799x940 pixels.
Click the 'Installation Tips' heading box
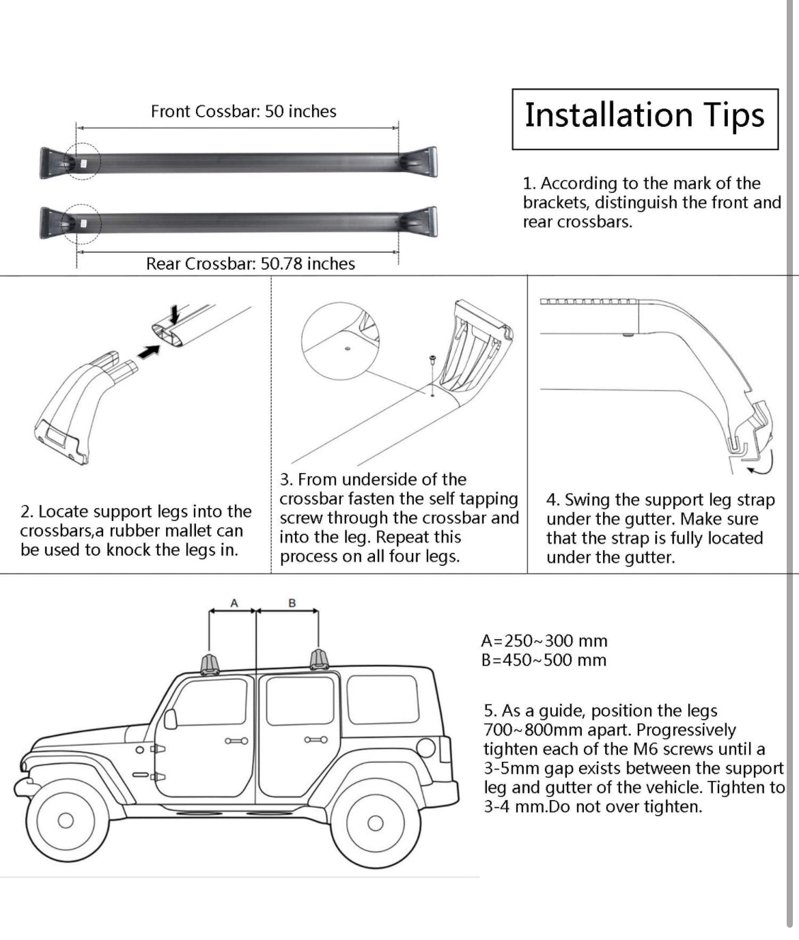coord(645,118)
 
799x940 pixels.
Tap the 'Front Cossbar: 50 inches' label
coord(244,111)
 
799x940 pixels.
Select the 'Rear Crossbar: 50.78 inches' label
coord(251,264)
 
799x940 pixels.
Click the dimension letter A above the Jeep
coord(234,603)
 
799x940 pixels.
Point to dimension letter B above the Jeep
coord(292,603)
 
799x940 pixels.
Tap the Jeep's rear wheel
coord(375,823)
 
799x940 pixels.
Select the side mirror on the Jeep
coord(170,718)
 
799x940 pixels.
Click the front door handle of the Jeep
coord(236,741)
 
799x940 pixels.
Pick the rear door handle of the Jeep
coord(316,739)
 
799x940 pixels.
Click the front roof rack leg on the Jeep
coord(210,664)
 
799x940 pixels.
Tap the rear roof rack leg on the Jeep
coord(319,660)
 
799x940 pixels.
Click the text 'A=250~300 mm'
coord(544,641)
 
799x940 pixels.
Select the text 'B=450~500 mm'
coord(544,660)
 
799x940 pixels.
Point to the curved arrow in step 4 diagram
coord(763,464)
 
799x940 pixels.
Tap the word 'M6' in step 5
coord(639,749)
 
